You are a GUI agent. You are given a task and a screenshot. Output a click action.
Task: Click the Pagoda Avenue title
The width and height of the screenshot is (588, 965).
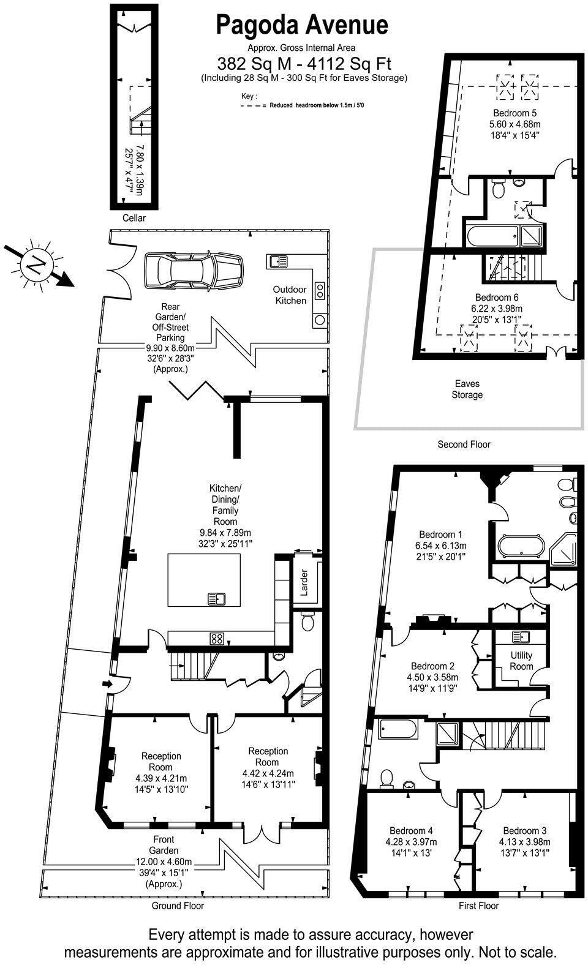pos(302,25)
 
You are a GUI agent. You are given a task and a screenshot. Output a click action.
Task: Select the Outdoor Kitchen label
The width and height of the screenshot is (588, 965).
pos(290,295)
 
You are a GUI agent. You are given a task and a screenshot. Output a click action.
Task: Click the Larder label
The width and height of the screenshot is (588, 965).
pos(303,582)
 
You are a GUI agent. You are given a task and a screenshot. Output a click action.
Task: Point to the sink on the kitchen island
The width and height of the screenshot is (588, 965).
pos(216,598)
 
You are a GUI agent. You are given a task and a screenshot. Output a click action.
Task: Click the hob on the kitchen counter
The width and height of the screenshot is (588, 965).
pos(216,638)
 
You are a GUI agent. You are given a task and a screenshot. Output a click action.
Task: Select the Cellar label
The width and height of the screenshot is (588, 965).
pos(134,217)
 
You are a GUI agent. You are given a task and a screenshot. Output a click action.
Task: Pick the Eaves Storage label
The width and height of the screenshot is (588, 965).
pos(467,389)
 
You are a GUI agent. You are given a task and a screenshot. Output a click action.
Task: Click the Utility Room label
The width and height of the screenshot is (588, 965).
pos(521,660)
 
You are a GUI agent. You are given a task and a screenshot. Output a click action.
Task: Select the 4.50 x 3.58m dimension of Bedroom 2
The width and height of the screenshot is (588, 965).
pos(433,677)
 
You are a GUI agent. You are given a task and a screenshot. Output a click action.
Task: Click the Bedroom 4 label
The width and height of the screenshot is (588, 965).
pos(412,830)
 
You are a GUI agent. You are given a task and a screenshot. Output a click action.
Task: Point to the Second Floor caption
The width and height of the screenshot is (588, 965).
pos(464,445)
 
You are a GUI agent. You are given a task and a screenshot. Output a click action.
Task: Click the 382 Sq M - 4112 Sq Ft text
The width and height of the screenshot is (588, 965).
pos(304,63)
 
